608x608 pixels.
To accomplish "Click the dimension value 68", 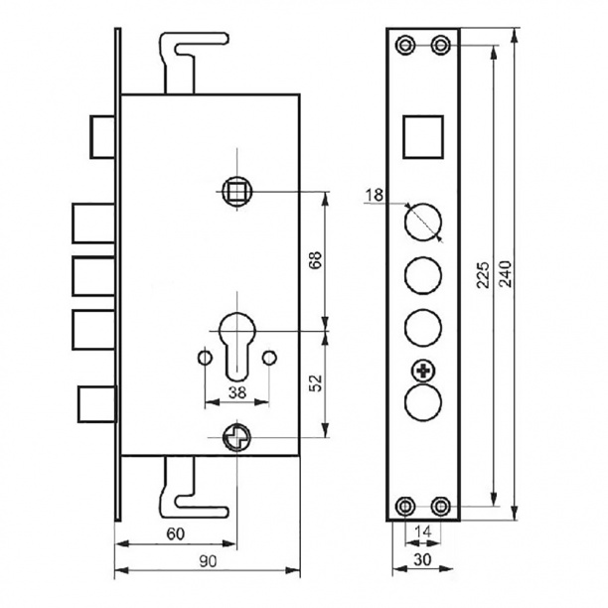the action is (x=317, y=261).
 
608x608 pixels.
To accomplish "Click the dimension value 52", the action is (x=317, y=383).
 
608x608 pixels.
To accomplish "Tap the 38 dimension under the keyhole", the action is (x=236, y=392).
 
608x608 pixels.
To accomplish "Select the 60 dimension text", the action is (x=175, y=533).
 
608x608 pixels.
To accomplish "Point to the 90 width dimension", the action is (x=208, y=560).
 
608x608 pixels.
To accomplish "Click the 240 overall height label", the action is (x=506, y=274).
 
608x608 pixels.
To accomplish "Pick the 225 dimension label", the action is (x=483, y=275).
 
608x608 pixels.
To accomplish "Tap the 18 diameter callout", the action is (x=375, y=195).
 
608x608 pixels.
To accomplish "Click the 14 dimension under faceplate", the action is (x=422, y=532).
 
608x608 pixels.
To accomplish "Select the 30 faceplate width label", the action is (x=422, y=559).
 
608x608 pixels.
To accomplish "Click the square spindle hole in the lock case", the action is (x=236, y=191).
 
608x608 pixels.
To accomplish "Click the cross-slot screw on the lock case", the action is (x=236, y=437).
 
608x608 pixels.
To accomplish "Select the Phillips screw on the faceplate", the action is (x=423, y=372).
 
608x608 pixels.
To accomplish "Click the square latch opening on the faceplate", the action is (x=423, y=137).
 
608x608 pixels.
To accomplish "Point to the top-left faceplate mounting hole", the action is (x=405, y=45).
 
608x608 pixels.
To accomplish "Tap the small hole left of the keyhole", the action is (x=205, y=357).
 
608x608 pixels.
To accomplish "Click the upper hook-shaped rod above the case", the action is (x=193, y=62).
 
